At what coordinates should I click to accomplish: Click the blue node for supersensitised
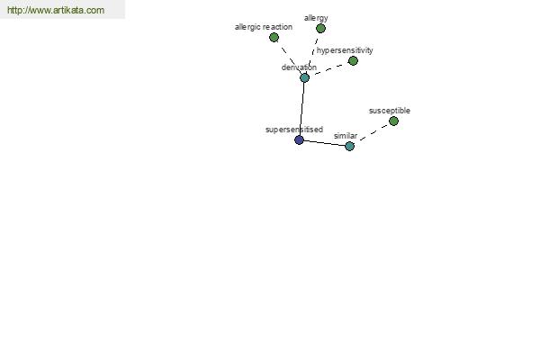click(300, 139)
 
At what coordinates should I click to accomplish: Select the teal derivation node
click(304, 78)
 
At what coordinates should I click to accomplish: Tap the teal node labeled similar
click(349, 147)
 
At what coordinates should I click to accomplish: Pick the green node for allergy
click(320, 29)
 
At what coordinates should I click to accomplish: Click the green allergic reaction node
click(274, 37)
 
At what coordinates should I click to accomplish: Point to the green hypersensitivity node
click(353, 61)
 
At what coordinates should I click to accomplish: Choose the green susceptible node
click(393, 121)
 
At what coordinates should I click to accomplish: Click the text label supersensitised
click(294, 130)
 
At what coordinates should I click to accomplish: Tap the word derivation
click(299, 67)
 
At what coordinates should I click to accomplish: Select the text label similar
click(346, 136)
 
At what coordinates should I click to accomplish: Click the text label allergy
click(316, 18)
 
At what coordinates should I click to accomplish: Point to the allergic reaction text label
click(264, 27)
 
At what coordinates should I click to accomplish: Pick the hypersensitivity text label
click(345, 50)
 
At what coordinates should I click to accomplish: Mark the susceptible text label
click(390, 111)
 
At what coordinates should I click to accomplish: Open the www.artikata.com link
click(56, 10)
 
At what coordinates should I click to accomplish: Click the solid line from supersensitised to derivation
click(301, 109)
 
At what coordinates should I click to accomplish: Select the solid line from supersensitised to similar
click(324, 143)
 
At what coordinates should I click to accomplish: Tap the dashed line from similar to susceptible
click(373, 132)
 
